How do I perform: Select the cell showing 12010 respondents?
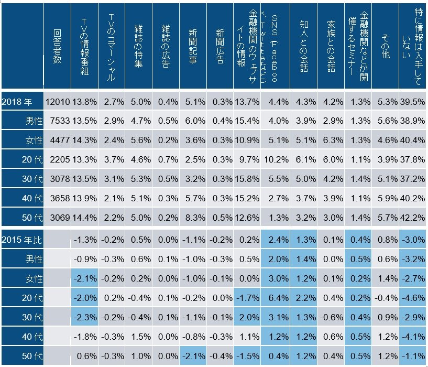(58, 102)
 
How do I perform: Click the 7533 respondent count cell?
(58, 121)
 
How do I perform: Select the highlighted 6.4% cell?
(276, 297)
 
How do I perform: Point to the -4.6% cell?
(412, 297)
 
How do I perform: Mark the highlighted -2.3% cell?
(85, 317)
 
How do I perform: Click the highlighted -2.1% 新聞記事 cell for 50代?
(193, 355)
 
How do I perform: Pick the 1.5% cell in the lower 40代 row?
(138, 336)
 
